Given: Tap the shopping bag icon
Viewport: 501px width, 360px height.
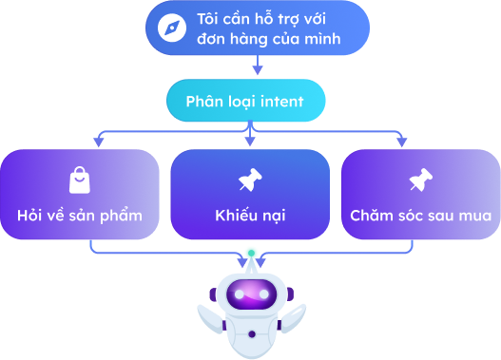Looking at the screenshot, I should click(79, 180).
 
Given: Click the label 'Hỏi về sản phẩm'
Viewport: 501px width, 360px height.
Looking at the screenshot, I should click(80, 215).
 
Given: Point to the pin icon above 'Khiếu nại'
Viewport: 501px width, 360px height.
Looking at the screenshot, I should click(250, 180).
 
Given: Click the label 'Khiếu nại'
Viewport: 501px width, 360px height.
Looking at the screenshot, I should click(250, 215).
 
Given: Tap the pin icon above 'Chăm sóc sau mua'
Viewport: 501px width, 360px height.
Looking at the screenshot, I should click(420, 180).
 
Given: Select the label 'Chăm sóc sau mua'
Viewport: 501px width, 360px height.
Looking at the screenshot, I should click(420, 215).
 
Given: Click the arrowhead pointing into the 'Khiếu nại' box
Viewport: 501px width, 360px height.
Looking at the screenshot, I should click(250, 142).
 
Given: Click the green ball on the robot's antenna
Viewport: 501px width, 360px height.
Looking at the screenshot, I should click(251, 252).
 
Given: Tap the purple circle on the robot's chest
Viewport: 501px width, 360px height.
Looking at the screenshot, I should click(251, 334).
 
